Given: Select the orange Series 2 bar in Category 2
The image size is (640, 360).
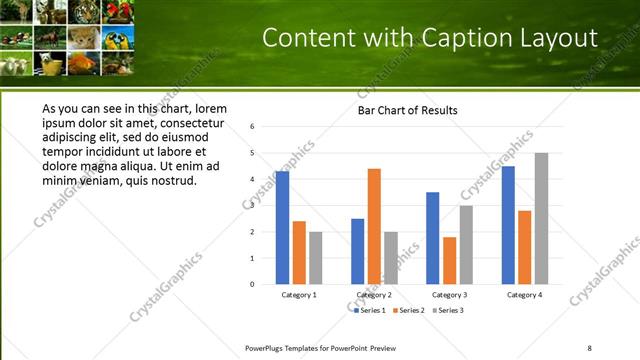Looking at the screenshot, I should click(x=374, y=226).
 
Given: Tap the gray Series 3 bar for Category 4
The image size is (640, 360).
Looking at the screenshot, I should click(x=541, y=218).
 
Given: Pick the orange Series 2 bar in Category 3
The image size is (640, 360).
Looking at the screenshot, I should click(x=449, y=260).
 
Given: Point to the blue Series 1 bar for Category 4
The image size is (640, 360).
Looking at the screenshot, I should click(x=508, y=225).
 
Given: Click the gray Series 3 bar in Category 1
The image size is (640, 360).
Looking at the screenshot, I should click(x=316, y=258).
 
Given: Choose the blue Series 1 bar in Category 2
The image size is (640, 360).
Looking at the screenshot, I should click(x=358, y=251).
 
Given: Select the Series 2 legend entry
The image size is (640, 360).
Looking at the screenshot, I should click(x=409, y=310).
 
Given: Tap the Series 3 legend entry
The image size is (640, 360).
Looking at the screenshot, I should click(x=447, y=310).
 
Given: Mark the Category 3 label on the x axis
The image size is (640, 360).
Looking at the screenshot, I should click(x=450, y=295).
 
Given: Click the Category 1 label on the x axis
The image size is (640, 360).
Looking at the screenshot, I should click(x=299, y=295).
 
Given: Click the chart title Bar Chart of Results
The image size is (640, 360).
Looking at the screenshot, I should click(x=408, y=110).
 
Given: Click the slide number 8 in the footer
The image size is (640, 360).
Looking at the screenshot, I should click(x=589, y=347).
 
